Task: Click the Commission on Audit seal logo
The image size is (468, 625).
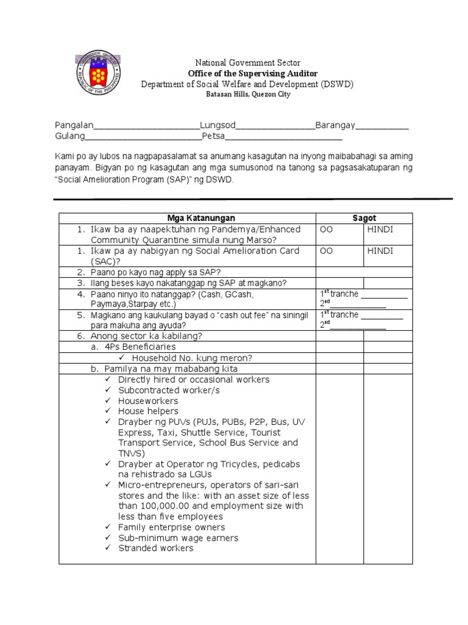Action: (x=99, y=74)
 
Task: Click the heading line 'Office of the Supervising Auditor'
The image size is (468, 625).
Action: (x=247, y=73)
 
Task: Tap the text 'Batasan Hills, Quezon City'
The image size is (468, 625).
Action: (x=247, y=95)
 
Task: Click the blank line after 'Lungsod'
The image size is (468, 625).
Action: (x=275, y=128)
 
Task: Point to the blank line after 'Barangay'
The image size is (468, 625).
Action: (x=381, y=128)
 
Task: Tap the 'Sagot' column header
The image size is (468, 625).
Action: (x=364, y=218)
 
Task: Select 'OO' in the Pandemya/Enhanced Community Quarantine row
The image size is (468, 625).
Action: (x=325, y=229)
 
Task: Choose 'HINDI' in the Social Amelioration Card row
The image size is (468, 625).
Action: (x=380, y=251)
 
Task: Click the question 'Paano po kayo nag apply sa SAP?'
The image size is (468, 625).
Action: (x=156, y=272)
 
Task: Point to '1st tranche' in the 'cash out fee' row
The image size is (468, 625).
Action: (x=339, y=315)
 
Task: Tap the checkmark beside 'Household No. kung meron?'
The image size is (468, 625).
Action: (x=122, y=358)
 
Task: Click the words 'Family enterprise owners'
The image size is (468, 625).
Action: (x=171, y=527)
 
